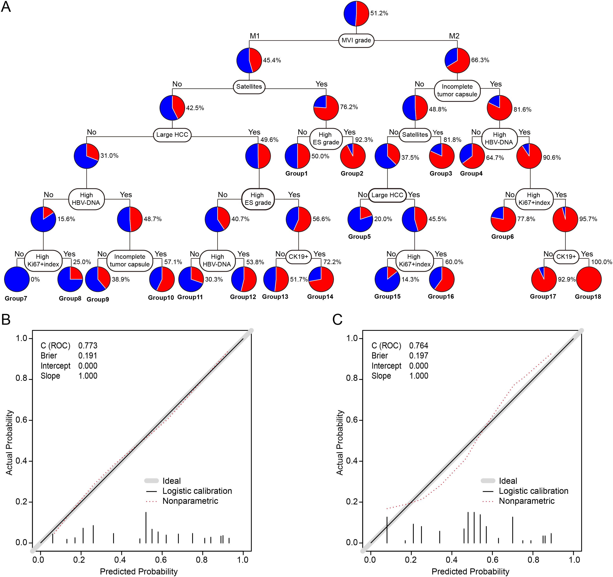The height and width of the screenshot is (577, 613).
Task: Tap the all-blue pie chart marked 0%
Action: (x=17, y=279)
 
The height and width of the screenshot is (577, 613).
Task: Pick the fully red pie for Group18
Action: (x=589, y=279)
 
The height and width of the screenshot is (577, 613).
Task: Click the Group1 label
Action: (x=296, y=173)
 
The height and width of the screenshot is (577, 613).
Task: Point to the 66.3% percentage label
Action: (x=480, y=60)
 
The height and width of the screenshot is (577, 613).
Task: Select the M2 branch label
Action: (x=454, y=36)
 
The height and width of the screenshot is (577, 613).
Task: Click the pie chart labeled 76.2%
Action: (x=326, y=108)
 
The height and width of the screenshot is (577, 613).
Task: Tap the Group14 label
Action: (x=320, y=296)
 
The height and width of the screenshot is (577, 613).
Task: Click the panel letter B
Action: (x=6, y=320)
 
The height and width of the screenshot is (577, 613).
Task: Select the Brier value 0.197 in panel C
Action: (x=418, y=356)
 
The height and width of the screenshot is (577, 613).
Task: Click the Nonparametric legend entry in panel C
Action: (x=527, y=501)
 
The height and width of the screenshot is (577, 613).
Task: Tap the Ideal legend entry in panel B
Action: (x=171, y=481)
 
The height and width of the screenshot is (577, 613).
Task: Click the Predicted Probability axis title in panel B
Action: (x=139, y=572)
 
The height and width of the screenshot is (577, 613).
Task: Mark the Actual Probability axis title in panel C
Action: (x=340, y=443)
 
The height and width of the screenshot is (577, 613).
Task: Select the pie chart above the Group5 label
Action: (x=360, y=219)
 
